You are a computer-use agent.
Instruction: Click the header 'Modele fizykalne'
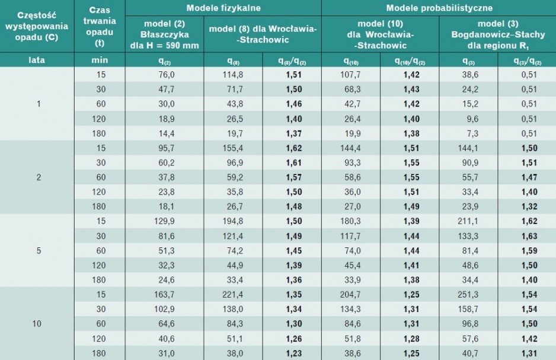[223, 8]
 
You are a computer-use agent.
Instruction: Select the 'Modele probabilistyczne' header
[439, 8]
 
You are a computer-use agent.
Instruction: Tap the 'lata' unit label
[37, 60]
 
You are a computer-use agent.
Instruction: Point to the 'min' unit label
[100, 60]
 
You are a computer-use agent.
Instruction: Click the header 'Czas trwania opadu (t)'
[100, 27]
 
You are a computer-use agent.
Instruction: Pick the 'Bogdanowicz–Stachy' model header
[498, 34]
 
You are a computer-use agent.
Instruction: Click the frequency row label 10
[37, 323]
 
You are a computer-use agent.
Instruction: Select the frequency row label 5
[39, 251]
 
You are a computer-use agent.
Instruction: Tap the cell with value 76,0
[167, 75]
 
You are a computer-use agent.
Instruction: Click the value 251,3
[468, 294]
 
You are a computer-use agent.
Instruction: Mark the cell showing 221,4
[233, 294]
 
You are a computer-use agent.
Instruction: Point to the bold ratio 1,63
[529, 236]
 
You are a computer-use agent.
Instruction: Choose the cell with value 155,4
[233, 148]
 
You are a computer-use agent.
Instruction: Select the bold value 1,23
[294, 353]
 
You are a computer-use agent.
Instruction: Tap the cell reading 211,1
[468, 221]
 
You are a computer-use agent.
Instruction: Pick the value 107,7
[350, 75]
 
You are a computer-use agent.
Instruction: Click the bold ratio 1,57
[294, 177]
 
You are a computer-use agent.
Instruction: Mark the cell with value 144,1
[468, 148]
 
